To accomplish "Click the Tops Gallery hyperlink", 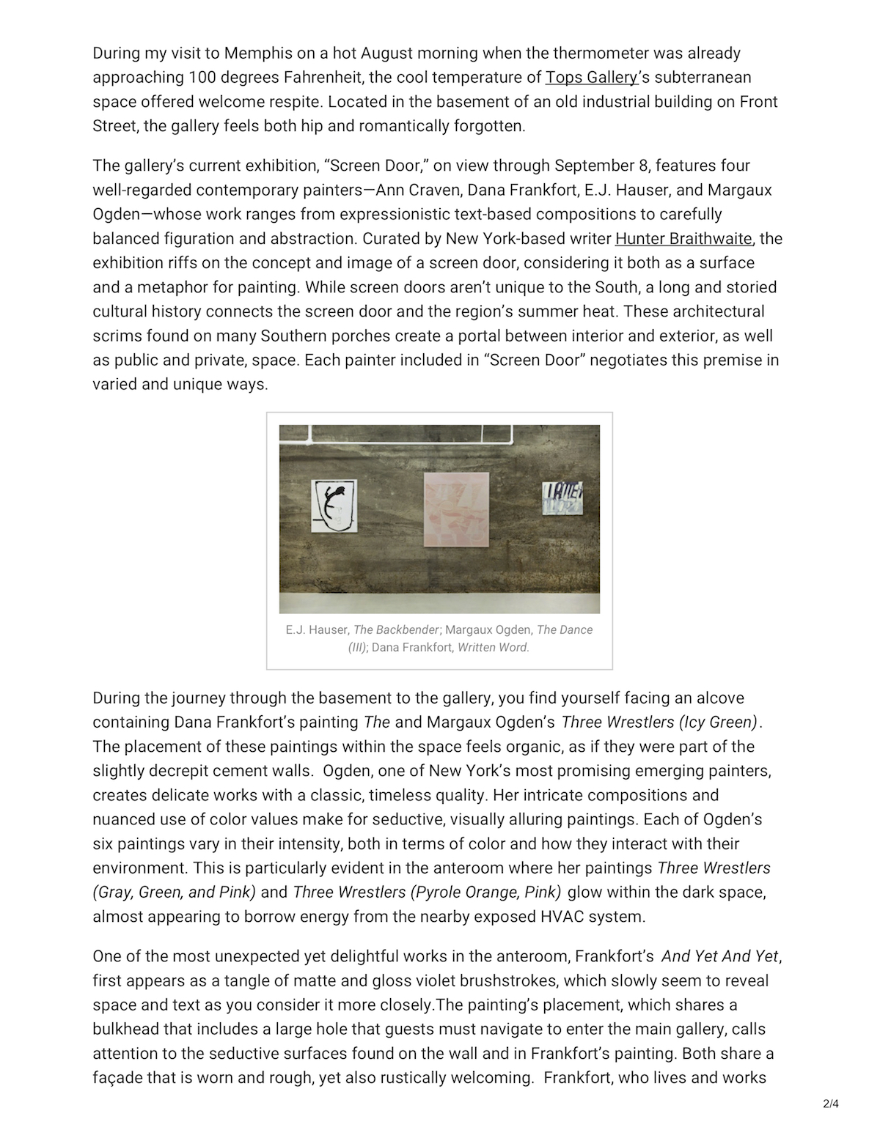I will click(x=591, y=78).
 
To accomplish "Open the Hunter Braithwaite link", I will click(x=683, y=239).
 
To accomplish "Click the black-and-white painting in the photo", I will click(x=334, y=506).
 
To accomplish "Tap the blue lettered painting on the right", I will click(x=562, y=498).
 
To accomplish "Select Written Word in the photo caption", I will click(x=493, y=648).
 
